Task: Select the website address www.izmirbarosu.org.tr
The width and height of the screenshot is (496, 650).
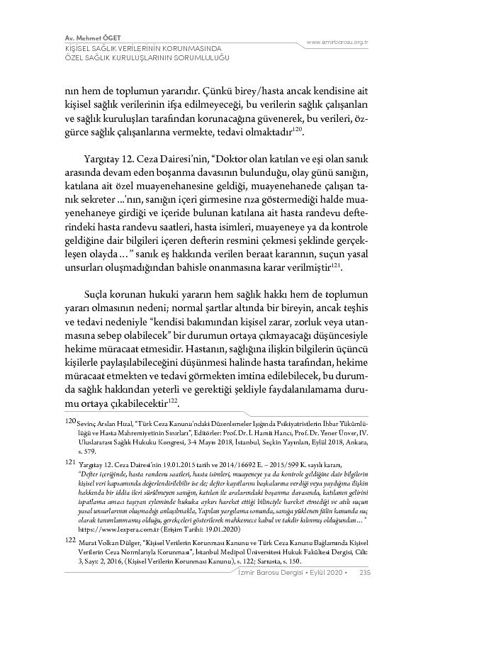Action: [337, 43]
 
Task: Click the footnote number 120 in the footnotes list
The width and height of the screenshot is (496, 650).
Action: [70, 420]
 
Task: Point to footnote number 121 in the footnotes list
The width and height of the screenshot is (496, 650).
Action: [70, 461]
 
